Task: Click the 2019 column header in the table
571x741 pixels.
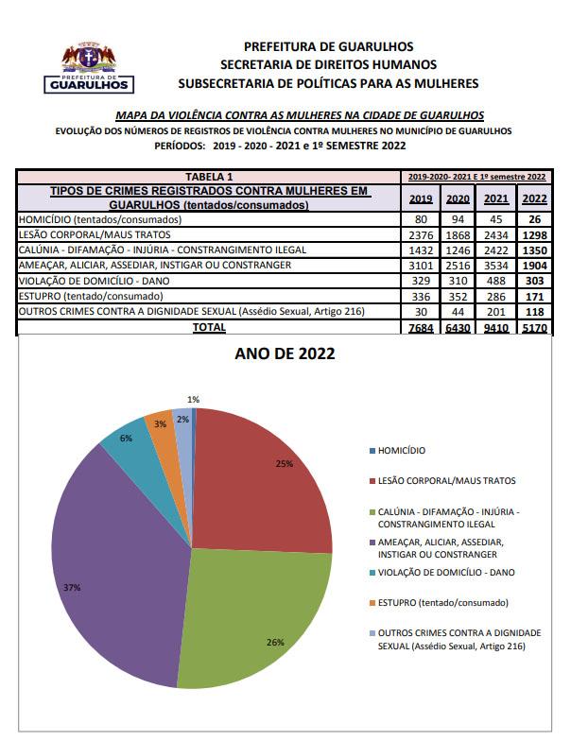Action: [x=422, y=198]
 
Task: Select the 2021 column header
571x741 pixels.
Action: [x=495, y=198]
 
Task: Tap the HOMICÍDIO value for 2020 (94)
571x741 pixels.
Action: [x=458, y=219]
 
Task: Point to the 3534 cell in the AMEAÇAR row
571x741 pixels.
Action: [x=495, y=266]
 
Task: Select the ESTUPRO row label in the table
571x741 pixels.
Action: [x=75, y=297]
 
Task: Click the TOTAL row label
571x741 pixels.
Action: [x=209, y=327]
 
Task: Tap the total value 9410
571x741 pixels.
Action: [x=495, y=328]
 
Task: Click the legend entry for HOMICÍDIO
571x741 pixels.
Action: [x=401, y=451]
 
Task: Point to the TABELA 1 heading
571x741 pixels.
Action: [x=210, y=177]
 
